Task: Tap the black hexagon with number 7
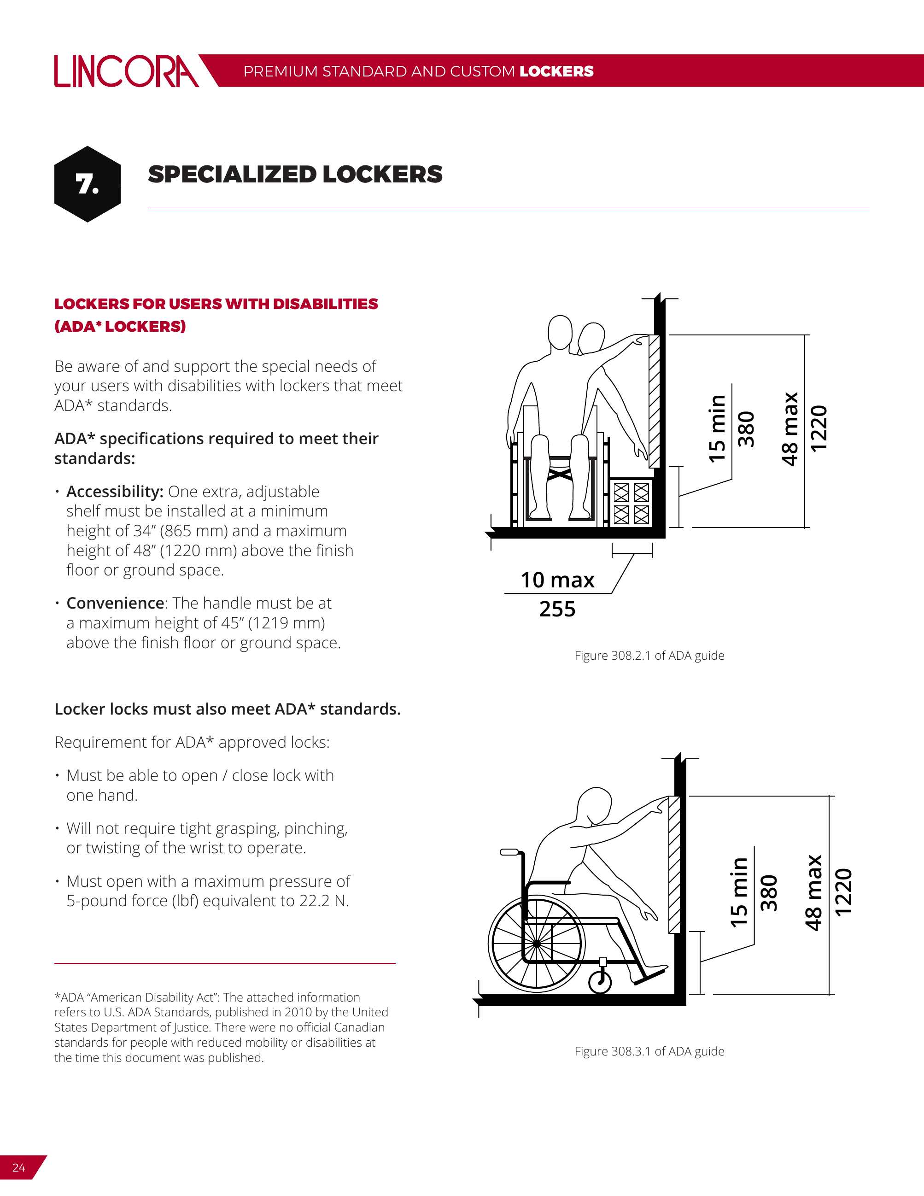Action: pos(88,184)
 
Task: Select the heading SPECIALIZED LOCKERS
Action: pos(295,175)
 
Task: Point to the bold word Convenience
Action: pos(116,603)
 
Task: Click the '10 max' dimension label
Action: pos(557,580)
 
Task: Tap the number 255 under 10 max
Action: pos(557,609)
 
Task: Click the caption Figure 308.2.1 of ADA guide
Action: pos(649,656)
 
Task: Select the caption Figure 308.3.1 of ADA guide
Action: pos(649,1051)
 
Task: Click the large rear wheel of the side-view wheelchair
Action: pos(537,944)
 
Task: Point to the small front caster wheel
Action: pos(600,982)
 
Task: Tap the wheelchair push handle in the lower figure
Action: pos(509,852)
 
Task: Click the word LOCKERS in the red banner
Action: pos(556,71)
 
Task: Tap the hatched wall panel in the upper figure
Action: pos(654,401)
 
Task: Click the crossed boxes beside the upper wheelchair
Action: pos(631,503)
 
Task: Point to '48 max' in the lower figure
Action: pos(813,892)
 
